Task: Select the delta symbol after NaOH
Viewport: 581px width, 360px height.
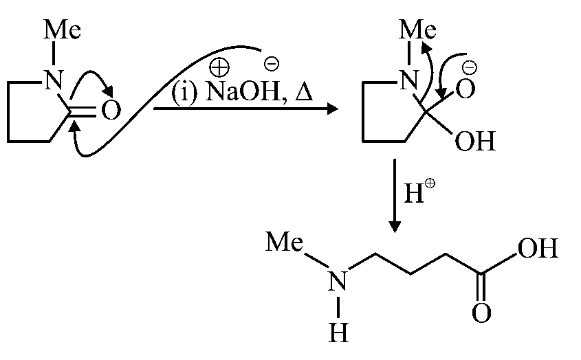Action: [303, 93]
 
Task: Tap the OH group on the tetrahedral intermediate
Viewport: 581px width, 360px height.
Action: [474, 143]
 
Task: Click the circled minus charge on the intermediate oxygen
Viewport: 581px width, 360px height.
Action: [470, 67]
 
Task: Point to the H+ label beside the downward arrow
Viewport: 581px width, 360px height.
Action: [415, 196]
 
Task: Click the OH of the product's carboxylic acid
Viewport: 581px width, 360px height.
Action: [537, 247]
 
